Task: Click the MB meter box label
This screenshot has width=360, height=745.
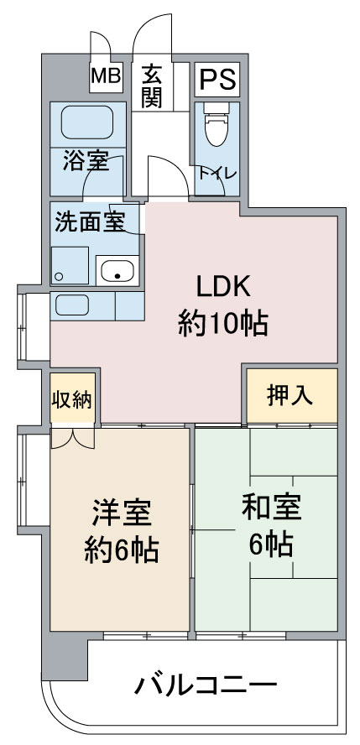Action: point(106,76)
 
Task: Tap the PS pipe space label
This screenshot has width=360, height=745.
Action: point(217,80)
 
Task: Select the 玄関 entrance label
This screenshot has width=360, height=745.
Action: point(152,86)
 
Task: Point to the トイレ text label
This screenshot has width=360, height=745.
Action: point(217,174)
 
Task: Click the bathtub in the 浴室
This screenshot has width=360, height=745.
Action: point(87,122)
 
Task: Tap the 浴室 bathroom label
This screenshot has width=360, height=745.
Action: point(86,163)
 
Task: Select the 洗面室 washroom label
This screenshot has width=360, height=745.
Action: point(90,221)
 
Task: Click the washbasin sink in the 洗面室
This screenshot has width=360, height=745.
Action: point(117,270)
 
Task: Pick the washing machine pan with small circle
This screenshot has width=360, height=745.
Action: point(70,266)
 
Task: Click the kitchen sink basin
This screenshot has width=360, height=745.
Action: point(71,305)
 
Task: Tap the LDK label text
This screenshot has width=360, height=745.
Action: point(223,289)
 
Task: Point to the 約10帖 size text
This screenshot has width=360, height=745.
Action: point(222,324)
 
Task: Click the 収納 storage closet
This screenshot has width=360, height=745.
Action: point(73,399)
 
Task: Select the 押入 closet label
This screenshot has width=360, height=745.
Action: point(290,395)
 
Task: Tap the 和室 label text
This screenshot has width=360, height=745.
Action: point(271,508)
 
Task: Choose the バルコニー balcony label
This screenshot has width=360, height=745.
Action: point(206,685)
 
